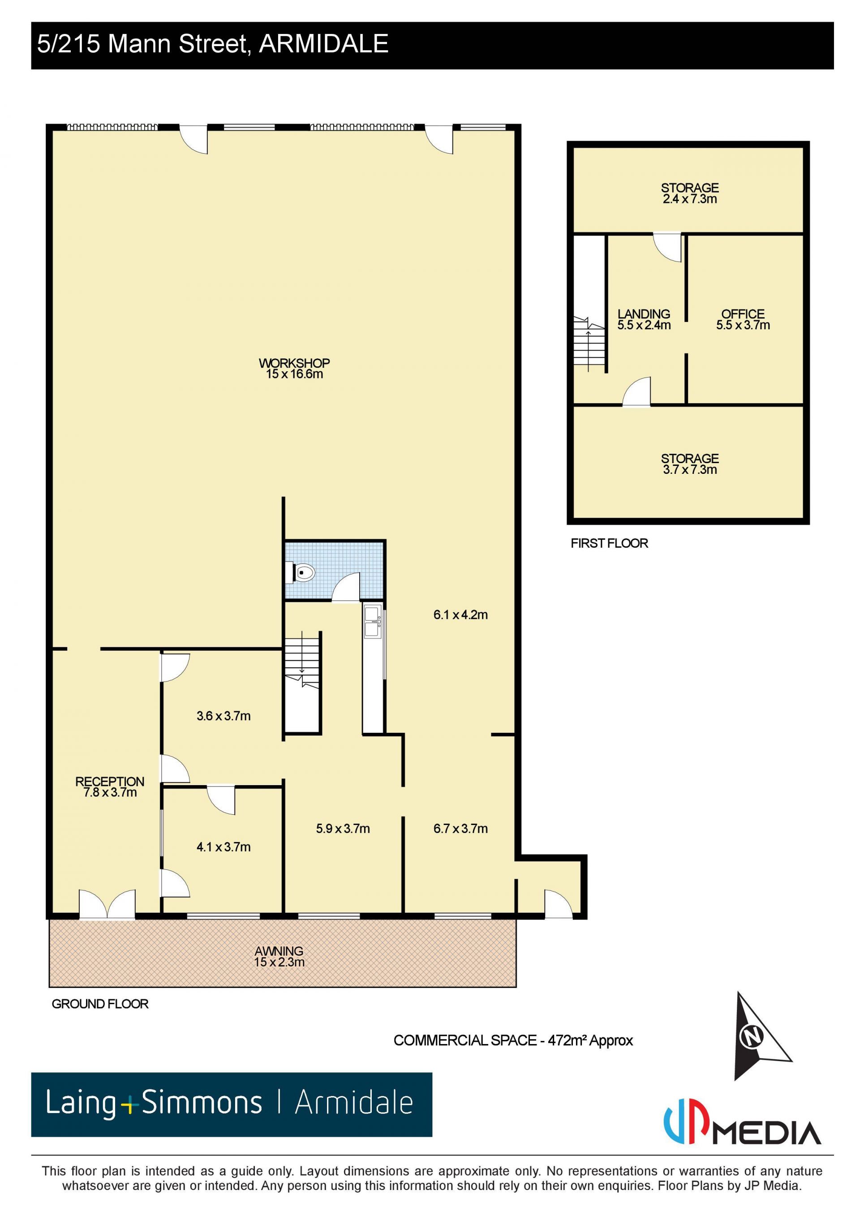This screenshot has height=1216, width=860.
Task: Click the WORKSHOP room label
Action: (294, 363)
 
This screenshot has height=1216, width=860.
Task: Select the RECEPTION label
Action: (110, 782)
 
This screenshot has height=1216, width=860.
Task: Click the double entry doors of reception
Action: (107, 904)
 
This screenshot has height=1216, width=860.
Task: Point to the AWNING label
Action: (279, 951)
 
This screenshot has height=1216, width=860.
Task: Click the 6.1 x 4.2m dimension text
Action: (460, 615)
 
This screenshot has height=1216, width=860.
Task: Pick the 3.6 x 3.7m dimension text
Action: (224, 716)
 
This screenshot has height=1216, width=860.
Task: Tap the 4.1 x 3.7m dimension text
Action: (224, 847)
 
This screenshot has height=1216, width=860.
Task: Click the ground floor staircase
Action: (302, 683)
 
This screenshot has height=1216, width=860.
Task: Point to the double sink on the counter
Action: (372, 622)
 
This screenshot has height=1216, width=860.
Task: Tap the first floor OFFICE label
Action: (743, 314)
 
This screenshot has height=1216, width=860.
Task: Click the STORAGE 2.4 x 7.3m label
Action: (689, 193)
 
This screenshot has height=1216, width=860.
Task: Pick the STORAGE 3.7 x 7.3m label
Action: (689, 464)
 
